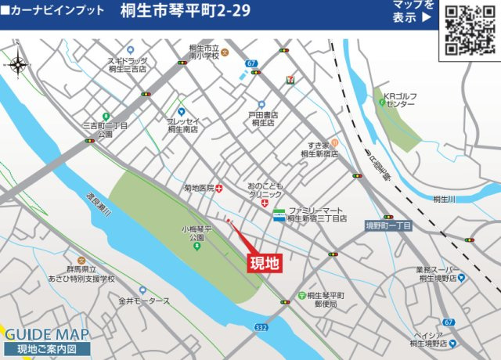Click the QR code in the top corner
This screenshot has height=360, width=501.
tap(470, 29)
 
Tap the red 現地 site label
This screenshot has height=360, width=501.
tap(264, 263)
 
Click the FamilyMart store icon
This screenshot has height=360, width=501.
tap(279, 215)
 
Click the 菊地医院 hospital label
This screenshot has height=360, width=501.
tap(199, 188)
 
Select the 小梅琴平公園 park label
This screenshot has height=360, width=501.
tap(193, 233)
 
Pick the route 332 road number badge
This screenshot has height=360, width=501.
tap(261, 327)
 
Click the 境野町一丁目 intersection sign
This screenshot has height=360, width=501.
tap(388, 225)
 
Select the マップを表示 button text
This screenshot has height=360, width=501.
tap(413, 12)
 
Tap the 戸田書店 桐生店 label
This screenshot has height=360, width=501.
tap(264, 119)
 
